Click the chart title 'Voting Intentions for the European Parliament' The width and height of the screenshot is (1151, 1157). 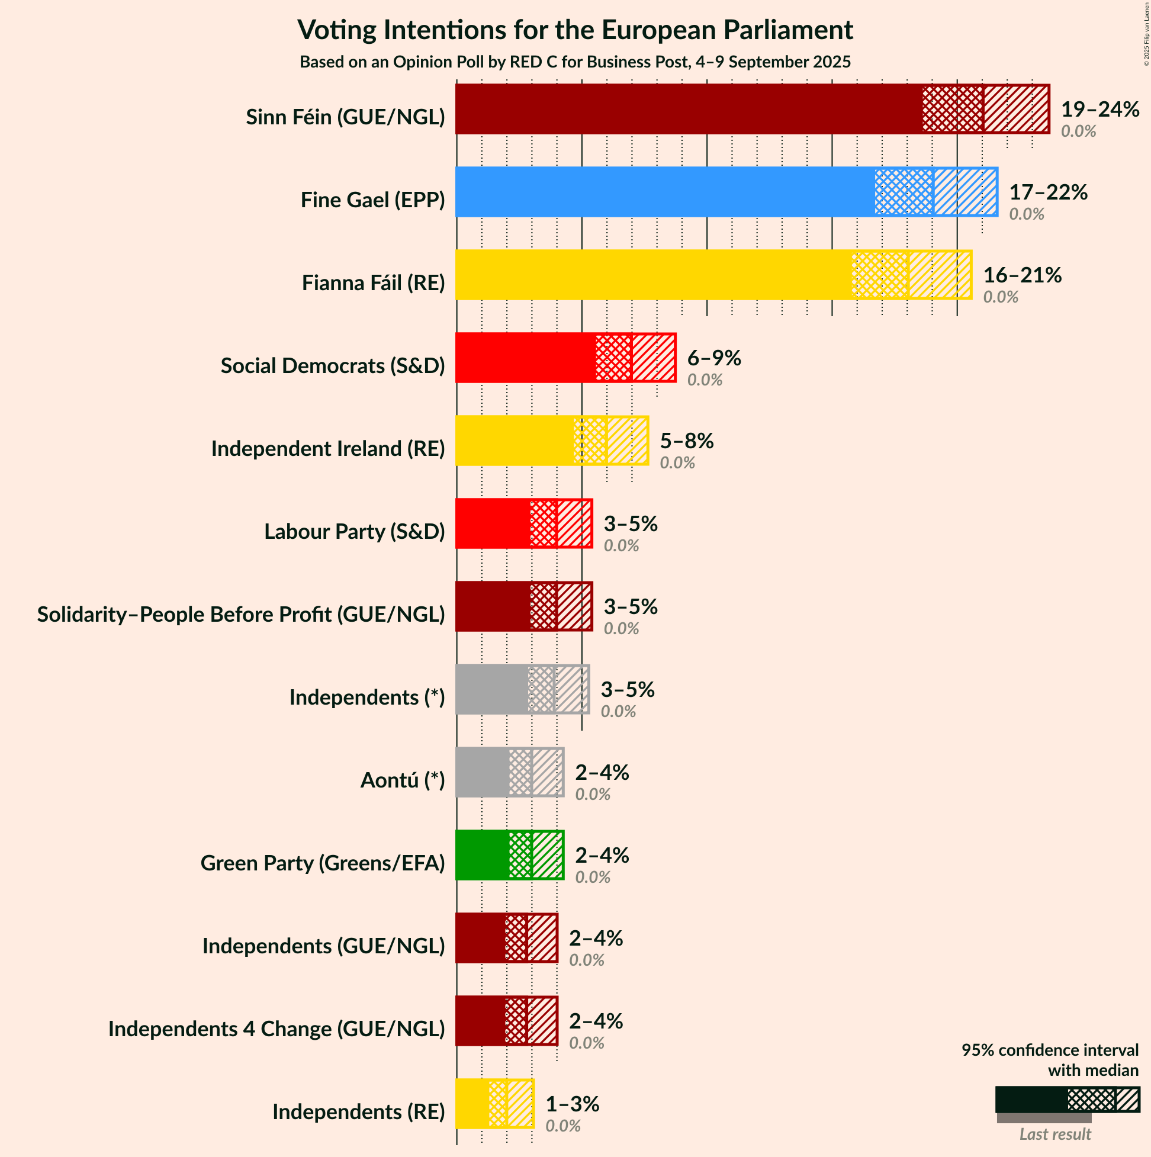(x=575, y=30)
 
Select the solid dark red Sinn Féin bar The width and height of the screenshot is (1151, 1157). (x=689, y=109)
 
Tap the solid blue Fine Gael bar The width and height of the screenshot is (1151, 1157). (x=665, y=192)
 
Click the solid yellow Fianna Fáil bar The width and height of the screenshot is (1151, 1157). (x=652, y=275)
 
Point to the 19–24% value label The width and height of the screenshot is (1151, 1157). (x=1099, y=110)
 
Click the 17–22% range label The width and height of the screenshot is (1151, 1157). (x=1048, y=192)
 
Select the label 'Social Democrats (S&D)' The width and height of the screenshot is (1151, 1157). (x=333, y=365)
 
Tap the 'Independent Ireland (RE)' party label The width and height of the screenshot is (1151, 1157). (x=328, y=449)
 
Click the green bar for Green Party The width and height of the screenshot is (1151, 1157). (x=482, y=855)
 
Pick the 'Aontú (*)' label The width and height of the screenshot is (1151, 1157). (x=403, y=780)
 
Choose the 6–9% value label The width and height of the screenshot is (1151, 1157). (x=714, y=358)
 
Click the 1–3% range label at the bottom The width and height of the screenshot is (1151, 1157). (x=572, y=1104)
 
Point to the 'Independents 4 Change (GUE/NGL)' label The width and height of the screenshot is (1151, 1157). (x=277, y=1029)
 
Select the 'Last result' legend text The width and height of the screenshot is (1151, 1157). (x=1055, y=1134)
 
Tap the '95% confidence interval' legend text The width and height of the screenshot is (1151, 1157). (x=1050, y=1050)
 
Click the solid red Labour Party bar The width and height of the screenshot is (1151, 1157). (x=492, y=523)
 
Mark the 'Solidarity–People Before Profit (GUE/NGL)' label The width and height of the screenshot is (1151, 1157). (x=242, y=615)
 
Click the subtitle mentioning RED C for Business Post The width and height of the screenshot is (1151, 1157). (x=575, y=62)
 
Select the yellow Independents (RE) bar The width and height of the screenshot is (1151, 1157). (x=472, y=1104)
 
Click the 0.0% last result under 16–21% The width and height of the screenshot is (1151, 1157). (x=1000, y=297)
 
